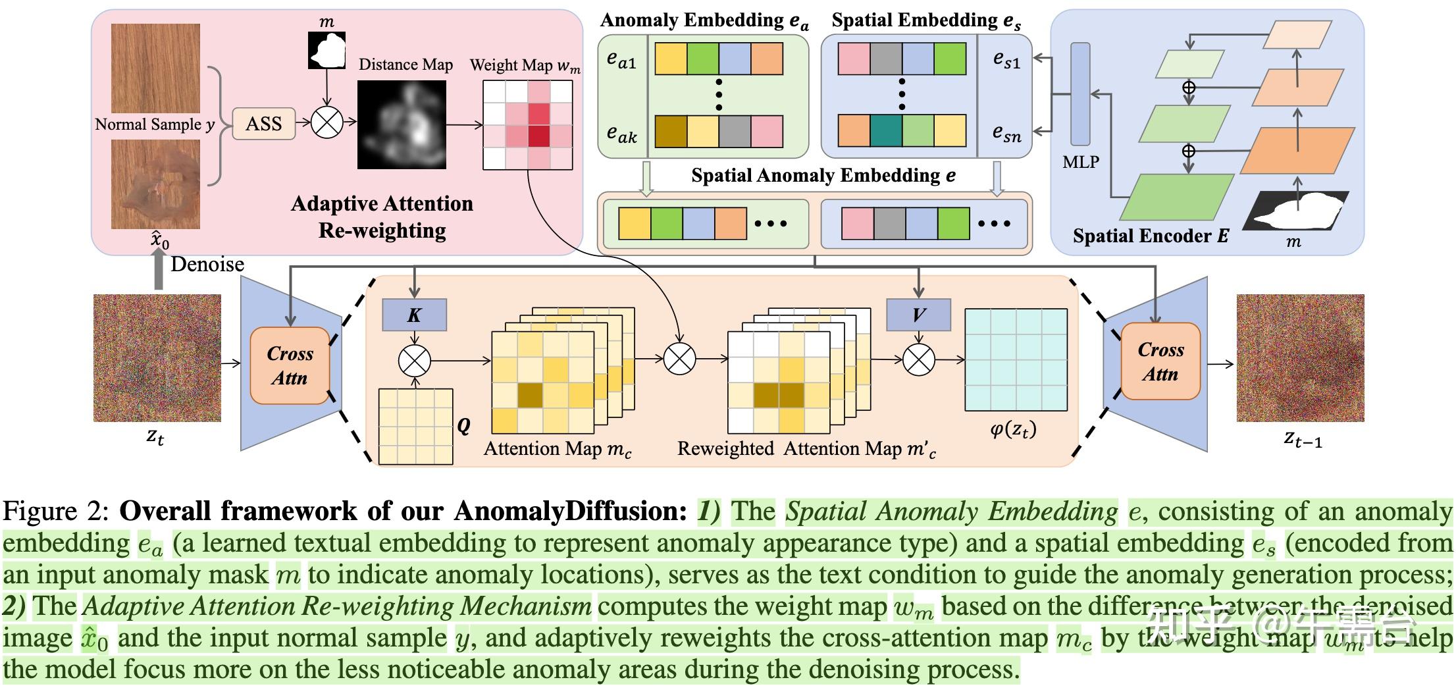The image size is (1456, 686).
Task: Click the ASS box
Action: point(263,124)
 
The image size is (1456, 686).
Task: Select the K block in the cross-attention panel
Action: point(414,315)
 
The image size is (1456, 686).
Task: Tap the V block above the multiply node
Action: point(918,315)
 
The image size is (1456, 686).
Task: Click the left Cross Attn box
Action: point(290,365)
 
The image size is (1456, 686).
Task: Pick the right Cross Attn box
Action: point(1160,361)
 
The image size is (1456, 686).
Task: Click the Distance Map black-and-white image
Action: point(402,124)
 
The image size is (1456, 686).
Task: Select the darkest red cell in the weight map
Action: point(538,136)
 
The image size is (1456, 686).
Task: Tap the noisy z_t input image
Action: point(157,358)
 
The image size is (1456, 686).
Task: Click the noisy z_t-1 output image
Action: point(1300,358)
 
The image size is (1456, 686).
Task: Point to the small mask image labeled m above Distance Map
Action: point(326,50)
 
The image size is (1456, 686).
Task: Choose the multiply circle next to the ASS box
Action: point(326,122)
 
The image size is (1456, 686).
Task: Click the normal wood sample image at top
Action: point(155,68)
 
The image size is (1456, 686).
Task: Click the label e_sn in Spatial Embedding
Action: point(1006,134)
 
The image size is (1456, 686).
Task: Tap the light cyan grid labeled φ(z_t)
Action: point(1016,359)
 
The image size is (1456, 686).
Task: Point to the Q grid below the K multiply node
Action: point(415,427)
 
